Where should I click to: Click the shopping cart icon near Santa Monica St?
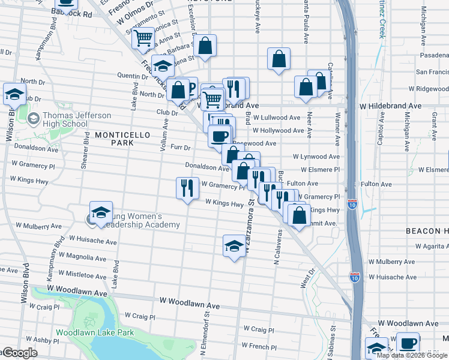click(143, 38)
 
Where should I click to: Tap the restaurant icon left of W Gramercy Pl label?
click(187, 188)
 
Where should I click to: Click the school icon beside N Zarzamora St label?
click(234, 245)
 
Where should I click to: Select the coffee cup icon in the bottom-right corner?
click(408, 344)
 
